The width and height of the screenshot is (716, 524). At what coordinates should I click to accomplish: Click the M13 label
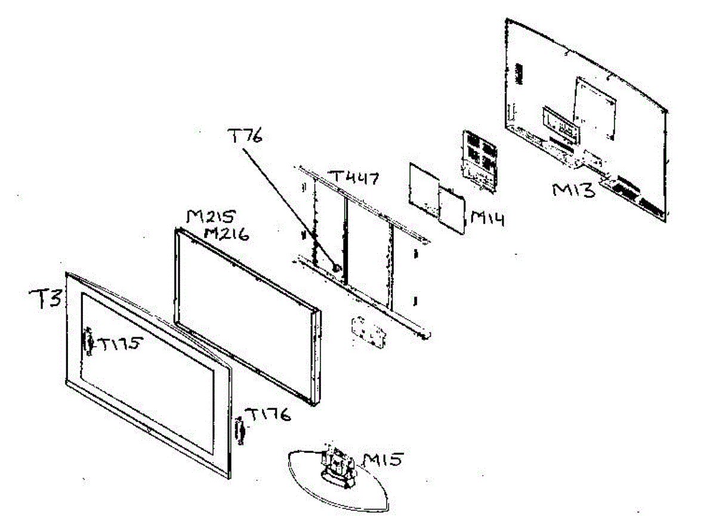point(573,191)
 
